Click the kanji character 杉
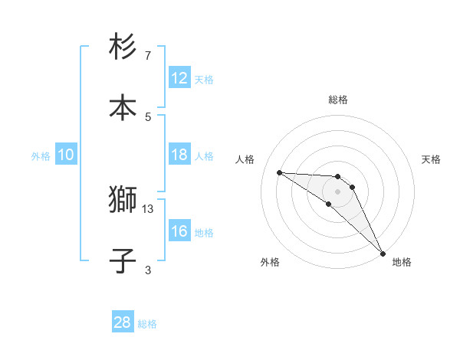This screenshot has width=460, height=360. pyautogui.click(x=123, y=47)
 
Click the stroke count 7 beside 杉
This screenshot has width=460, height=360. pyautogui.click(x=148, y=56)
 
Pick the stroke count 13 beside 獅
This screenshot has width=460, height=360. pyautogui.click(x=148, y=208)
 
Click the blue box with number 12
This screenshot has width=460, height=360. pyautogui.click(x=179, y=77)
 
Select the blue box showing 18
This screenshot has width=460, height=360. pyautogui.click(x=179, y=155)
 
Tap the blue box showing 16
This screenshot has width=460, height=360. pyautogui.click(x=179, y=231)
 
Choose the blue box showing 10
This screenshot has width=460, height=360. pyautogui.click(x=66, y=155)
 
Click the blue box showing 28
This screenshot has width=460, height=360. pyautogui.click(x=123, y=322)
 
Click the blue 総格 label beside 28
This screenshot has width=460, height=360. pyautogui.click(x=147, y=324)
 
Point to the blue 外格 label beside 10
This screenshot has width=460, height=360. pyautogui.click(x=41, y=155)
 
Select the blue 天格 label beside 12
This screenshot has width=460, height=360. pyautogui.click(x=204, y=79)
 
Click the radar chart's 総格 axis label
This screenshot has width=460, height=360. pyautogui.click(x=338, y=100)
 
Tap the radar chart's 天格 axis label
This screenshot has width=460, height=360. pyautogui.click(x=432, y=159)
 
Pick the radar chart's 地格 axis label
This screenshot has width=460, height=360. pyautogui.click(x=402, y=262)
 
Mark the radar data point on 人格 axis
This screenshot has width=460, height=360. pyautogui.click(x=279, y=172)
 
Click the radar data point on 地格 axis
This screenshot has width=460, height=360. pyautogui.click(x=383, y=253)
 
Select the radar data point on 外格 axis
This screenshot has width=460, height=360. pyautogui.click(x=329, y=204)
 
